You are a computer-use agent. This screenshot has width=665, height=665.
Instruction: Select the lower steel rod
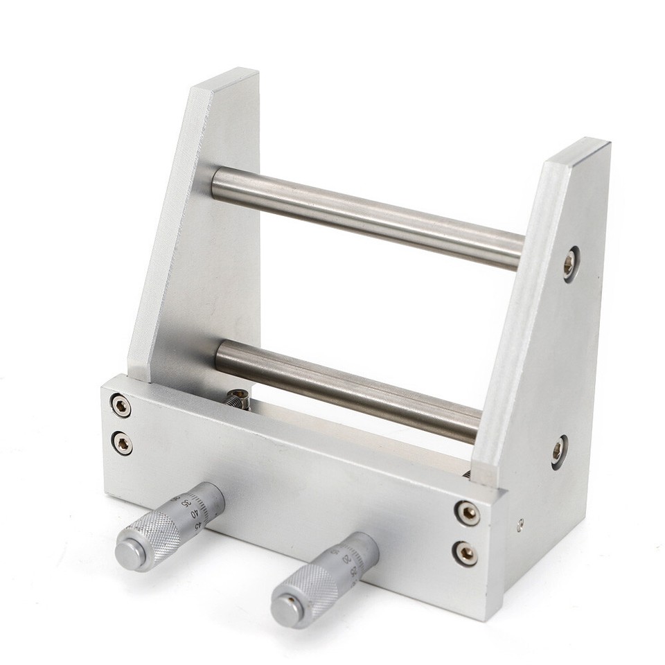(x=346, y=388)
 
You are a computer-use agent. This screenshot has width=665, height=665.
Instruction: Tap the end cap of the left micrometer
(x=130, y=554)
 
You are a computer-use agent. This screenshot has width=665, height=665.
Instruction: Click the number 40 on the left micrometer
(x=195, y=514)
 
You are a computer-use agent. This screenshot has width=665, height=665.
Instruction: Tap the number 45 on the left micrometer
(x=199, y=524)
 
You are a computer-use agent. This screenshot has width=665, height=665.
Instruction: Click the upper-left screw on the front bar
(x=121, y=406)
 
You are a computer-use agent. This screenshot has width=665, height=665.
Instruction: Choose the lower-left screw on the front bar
(x=123, y=443)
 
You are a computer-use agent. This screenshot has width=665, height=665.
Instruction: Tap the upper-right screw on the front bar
(x=467, y=513)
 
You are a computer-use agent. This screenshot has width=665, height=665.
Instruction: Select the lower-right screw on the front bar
(x=465, y=553)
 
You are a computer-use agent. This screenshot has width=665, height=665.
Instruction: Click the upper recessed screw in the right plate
(x=569, y=263)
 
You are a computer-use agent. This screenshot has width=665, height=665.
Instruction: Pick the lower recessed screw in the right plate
(x=558, y=451)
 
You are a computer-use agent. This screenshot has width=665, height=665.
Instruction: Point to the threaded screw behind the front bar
(x=237, y=399)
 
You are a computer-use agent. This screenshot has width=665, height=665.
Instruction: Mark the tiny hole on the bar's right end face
(x=520, y=525)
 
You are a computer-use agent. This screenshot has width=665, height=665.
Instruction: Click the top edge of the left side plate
(x=225, y=78)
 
